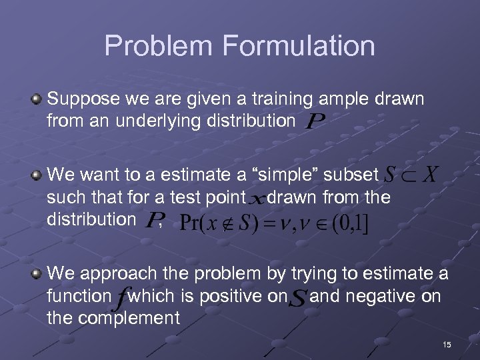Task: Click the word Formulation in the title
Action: tap(298, 46)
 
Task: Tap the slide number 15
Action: tap(446, 345)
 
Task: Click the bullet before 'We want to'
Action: tap(37, 175)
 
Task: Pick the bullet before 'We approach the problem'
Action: tap(37, 273)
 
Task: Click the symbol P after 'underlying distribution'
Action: tap(315, 122)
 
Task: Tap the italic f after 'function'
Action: tap(120, 297)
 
